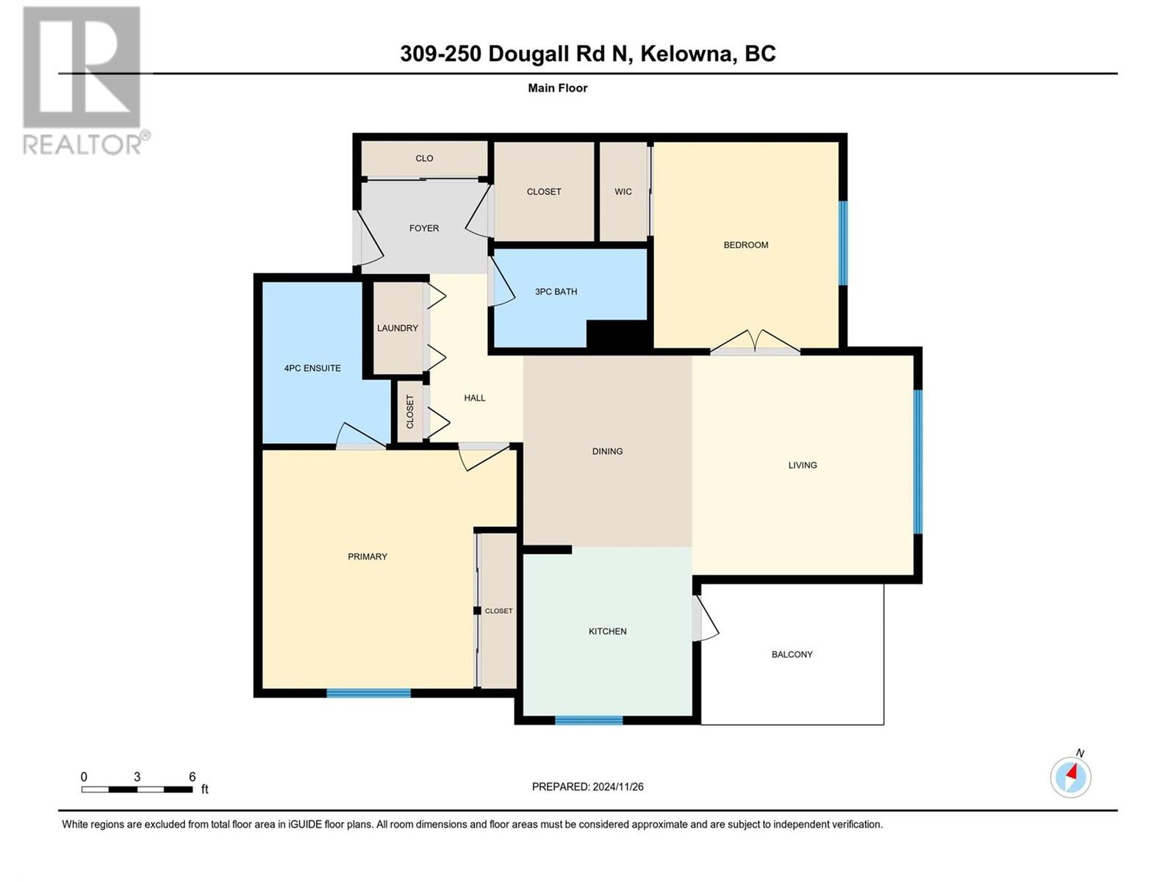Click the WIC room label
[x=623, y=192]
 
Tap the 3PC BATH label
[x=556, y=292]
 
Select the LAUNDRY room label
[x=398, y=329]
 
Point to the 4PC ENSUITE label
[x=312, y=368]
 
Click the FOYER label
[x=424, y=228]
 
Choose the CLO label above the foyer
[x=424, y=159]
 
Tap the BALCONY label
[x=792, y=654]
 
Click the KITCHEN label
[x=608, y=631]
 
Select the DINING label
[x=608, y=451]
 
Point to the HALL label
[x=475, y=398]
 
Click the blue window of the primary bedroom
[x=369, y=693]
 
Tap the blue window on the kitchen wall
[x=589, y=720]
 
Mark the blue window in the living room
[x=918, y=462]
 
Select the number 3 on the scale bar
[x=137, y=777]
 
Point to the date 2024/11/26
[x=617, y=787]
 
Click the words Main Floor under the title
[x=558, y=88]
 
